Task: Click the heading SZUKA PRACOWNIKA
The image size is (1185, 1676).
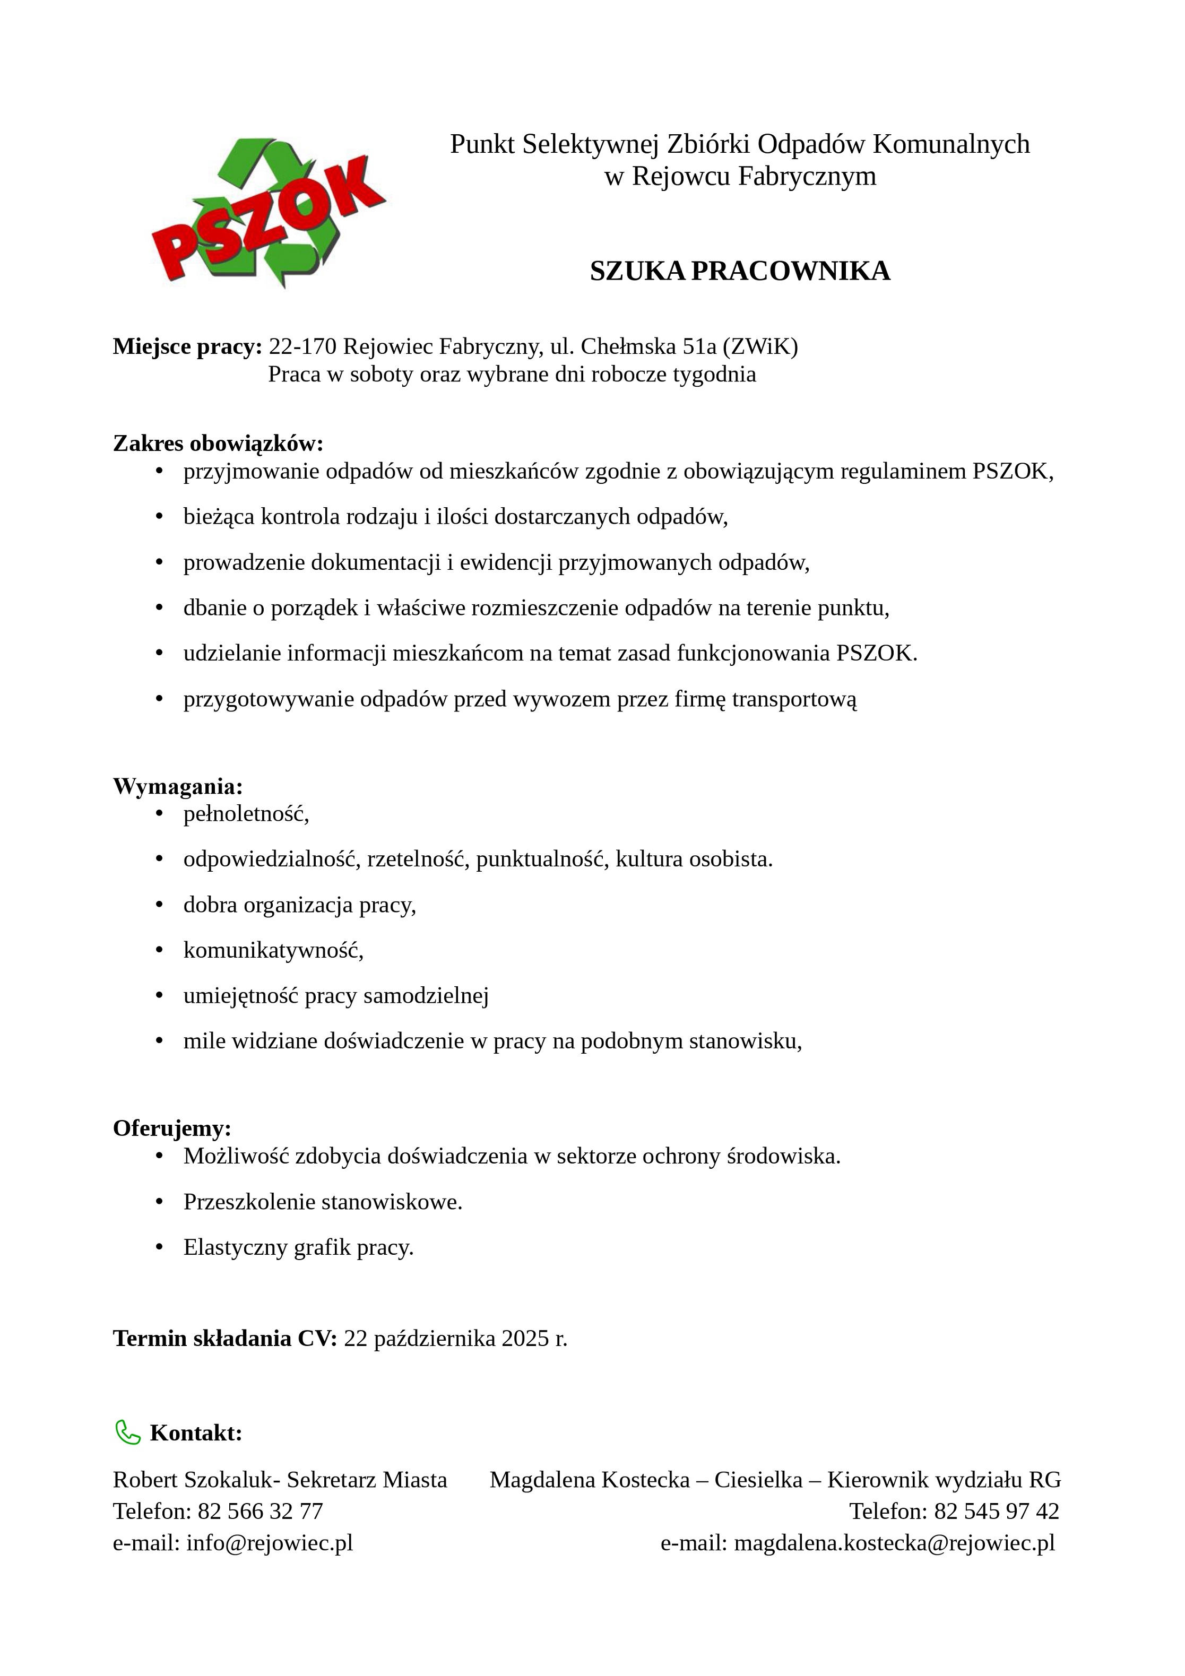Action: [x=740, y=271]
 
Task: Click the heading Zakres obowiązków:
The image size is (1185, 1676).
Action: [x=218, y=443]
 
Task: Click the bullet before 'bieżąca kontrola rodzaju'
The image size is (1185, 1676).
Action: [x=159, y=517]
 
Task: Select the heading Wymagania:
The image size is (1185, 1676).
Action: [x=177, y=786]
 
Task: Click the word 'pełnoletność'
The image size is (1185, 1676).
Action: [x=244, y=813]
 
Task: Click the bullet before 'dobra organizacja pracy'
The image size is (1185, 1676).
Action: [x=159, y=905]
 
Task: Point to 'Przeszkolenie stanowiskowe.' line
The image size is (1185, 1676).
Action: [x=323, y=1202]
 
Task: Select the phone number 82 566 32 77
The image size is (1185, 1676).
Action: [x=260, y=1510]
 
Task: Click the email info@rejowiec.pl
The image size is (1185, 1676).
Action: [x=270, y=1542]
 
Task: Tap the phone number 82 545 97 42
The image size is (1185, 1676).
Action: [x=996, y=1510]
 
